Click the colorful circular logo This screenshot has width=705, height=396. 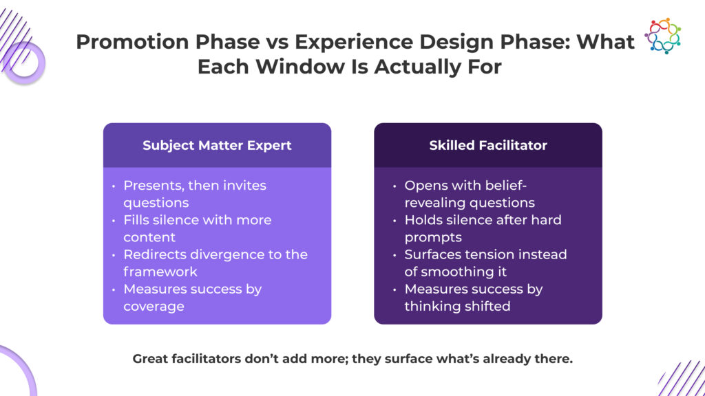pyautogui.click(x=662, y=36)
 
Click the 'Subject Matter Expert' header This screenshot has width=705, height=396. pyautogui.click(x=217, y=146)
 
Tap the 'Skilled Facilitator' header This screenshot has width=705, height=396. pyautogui.click(x=488, y=146)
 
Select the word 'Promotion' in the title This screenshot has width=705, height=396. pyautogui.click(x=132, y=42)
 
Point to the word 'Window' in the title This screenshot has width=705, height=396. pyautogui.click(x=300, y=67)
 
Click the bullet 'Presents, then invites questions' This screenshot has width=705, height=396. pyautogui.click(x=195, y=194)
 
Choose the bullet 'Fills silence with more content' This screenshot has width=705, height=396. pyautogui.click(x=198, y=228)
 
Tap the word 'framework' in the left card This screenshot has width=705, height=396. pyautogui.click(x=160, y=272)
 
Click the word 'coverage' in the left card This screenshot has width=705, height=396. pyautogui.click(x=154, y=306)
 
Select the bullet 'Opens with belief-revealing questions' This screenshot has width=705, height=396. pyautogui.click(x=470, y=194)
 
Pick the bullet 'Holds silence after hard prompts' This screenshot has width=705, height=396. pyautogui.click(x=483, y=228)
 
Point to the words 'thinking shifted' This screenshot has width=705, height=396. pyautogui.click(x=457, y=306)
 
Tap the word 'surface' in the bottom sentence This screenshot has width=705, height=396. pyautogui.click(x=410, y=359)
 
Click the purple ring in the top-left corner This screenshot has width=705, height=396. pyautogui.click(x=24, y=63)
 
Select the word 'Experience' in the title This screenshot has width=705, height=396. pyautogui.click(x=353, y=42)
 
